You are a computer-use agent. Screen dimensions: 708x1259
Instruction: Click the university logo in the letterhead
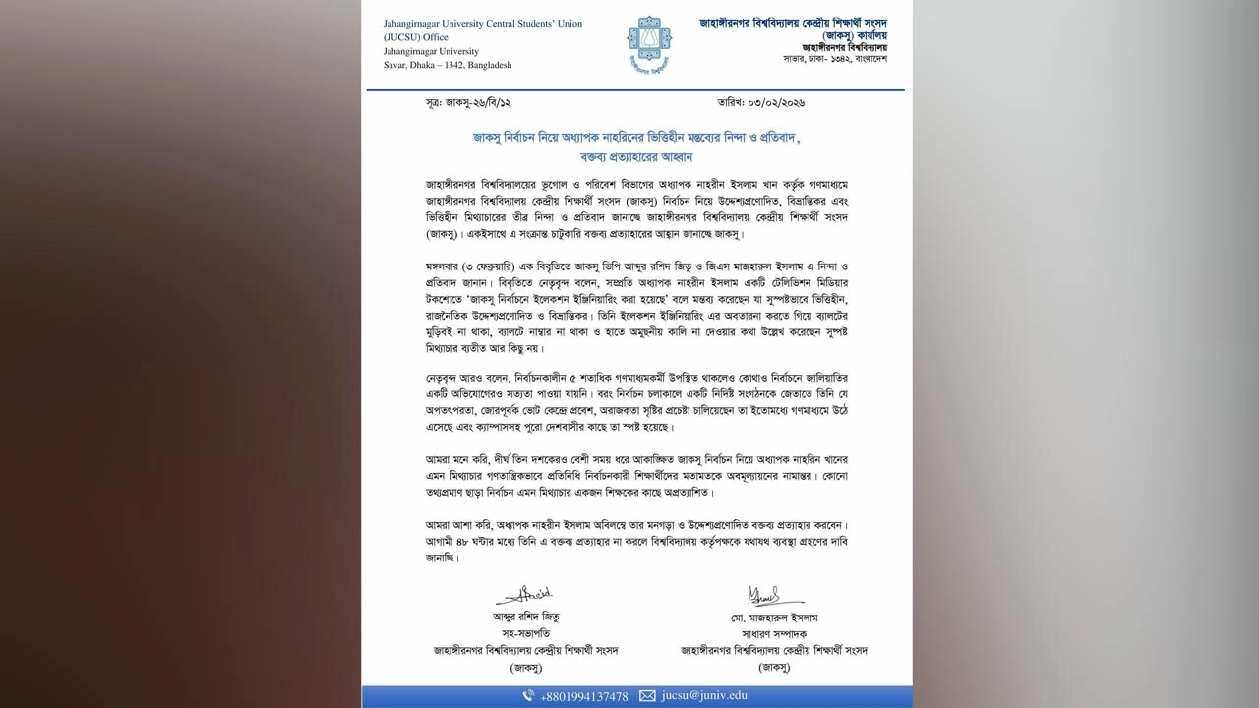point(649,43)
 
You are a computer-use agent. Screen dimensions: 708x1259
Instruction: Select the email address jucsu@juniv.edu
point(704,696)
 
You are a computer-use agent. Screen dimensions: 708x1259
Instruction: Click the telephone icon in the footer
point(528,696)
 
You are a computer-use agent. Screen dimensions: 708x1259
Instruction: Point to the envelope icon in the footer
point(647,696)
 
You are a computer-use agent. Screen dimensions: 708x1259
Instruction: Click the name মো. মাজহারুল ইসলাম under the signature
point(774,618)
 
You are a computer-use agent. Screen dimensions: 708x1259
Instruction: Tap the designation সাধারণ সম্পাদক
point(774,634)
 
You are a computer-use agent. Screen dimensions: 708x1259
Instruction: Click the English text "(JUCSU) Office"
point(416,37)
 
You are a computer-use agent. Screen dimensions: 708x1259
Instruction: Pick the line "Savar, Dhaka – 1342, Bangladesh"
point(448,65)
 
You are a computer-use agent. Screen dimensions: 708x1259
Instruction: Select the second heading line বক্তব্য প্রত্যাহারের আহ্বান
point(636,156)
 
